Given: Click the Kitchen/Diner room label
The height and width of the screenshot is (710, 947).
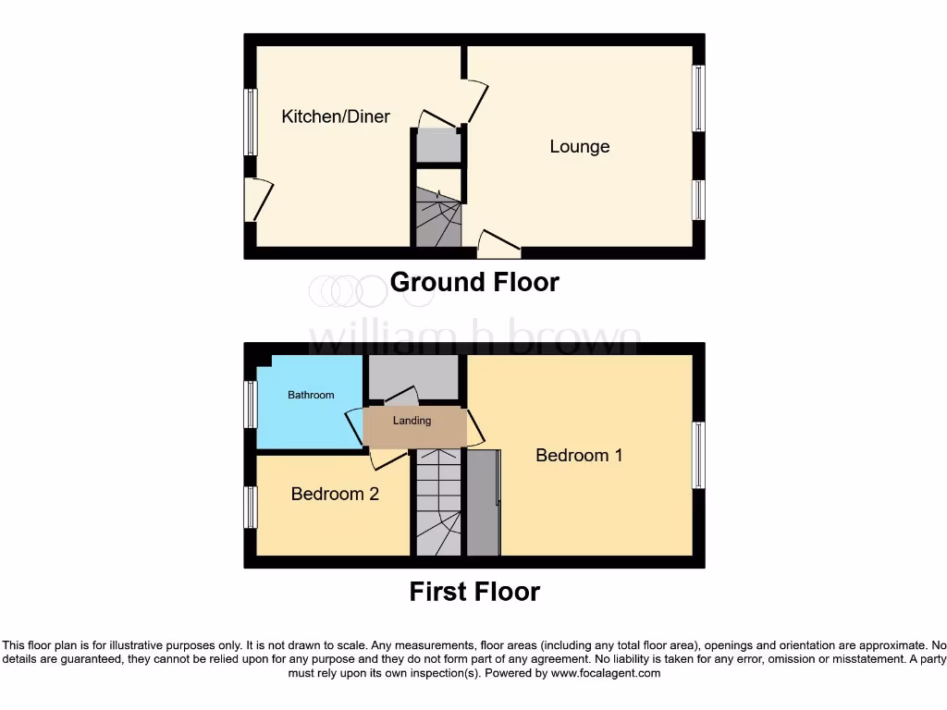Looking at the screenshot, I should (336, 116).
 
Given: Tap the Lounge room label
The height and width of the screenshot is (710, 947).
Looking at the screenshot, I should (580, 146).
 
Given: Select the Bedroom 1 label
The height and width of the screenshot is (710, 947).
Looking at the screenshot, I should (579, 455).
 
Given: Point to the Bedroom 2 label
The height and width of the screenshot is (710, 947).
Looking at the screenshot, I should (335, 494).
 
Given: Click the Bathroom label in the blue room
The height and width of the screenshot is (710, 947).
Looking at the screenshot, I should (311, 395).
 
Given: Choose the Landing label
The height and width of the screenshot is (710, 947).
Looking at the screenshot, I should (412, 421).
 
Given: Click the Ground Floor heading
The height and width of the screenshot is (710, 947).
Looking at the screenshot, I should (474, 282).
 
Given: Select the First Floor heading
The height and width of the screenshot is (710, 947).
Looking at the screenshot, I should (474, 592).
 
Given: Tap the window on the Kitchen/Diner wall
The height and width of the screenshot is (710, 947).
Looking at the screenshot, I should (250, 121).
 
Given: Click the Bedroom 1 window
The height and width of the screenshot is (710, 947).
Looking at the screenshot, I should (699, 455).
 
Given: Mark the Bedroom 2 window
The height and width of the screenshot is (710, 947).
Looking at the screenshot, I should (250, 508).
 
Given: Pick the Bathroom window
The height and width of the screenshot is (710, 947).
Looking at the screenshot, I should (250, 405).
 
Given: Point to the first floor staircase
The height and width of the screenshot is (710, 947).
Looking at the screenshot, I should (437, 504).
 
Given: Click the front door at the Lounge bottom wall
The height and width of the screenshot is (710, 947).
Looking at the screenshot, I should (499, 245).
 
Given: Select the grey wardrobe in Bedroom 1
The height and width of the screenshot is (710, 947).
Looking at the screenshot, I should (483, 503).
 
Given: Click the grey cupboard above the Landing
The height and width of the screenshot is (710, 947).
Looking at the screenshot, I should (413, 376).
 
